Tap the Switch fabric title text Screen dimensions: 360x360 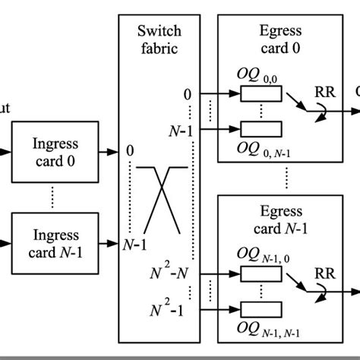click(159, 39)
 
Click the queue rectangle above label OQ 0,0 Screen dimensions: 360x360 click(261, 94)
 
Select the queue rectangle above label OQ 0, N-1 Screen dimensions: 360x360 click(261, 128)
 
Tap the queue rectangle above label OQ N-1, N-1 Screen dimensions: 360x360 click(261, 308)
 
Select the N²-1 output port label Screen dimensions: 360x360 click(170, 307)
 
